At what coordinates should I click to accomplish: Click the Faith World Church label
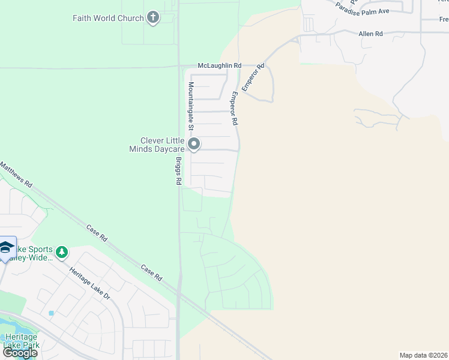pyautogui.click(x=108, y=18)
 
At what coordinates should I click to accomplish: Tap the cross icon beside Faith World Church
pyautogui.click(x=153, y=17)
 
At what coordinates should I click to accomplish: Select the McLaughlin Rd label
pyautogui.click(x=220, y=65)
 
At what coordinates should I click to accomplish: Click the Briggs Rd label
pyautogui.click(x=178, y=170)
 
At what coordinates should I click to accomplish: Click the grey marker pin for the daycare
pyautogui.click(x=194, y=144)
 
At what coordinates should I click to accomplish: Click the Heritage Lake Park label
pyautogui.click(x=21, y=341)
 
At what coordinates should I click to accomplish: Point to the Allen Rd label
pyautogui.click(x=370, y=34)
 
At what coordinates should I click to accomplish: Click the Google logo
pyautogui.click(x=20, y=353)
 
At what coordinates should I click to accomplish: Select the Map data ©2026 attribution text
pyautogui.click(x=423, y=355)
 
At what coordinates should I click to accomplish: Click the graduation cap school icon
pyautogui.click(x=6, y=247)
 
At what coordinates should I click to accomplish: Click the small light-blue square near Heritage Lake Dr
pyautogui.click(x=52, y=313)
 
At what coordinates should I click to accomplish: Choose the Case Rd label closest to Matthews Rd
pyautogui.click(x=97, y=232)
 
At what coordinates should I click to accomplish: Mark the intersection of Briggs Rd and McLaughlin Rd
pyautogui.click(x=179, y=66)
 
